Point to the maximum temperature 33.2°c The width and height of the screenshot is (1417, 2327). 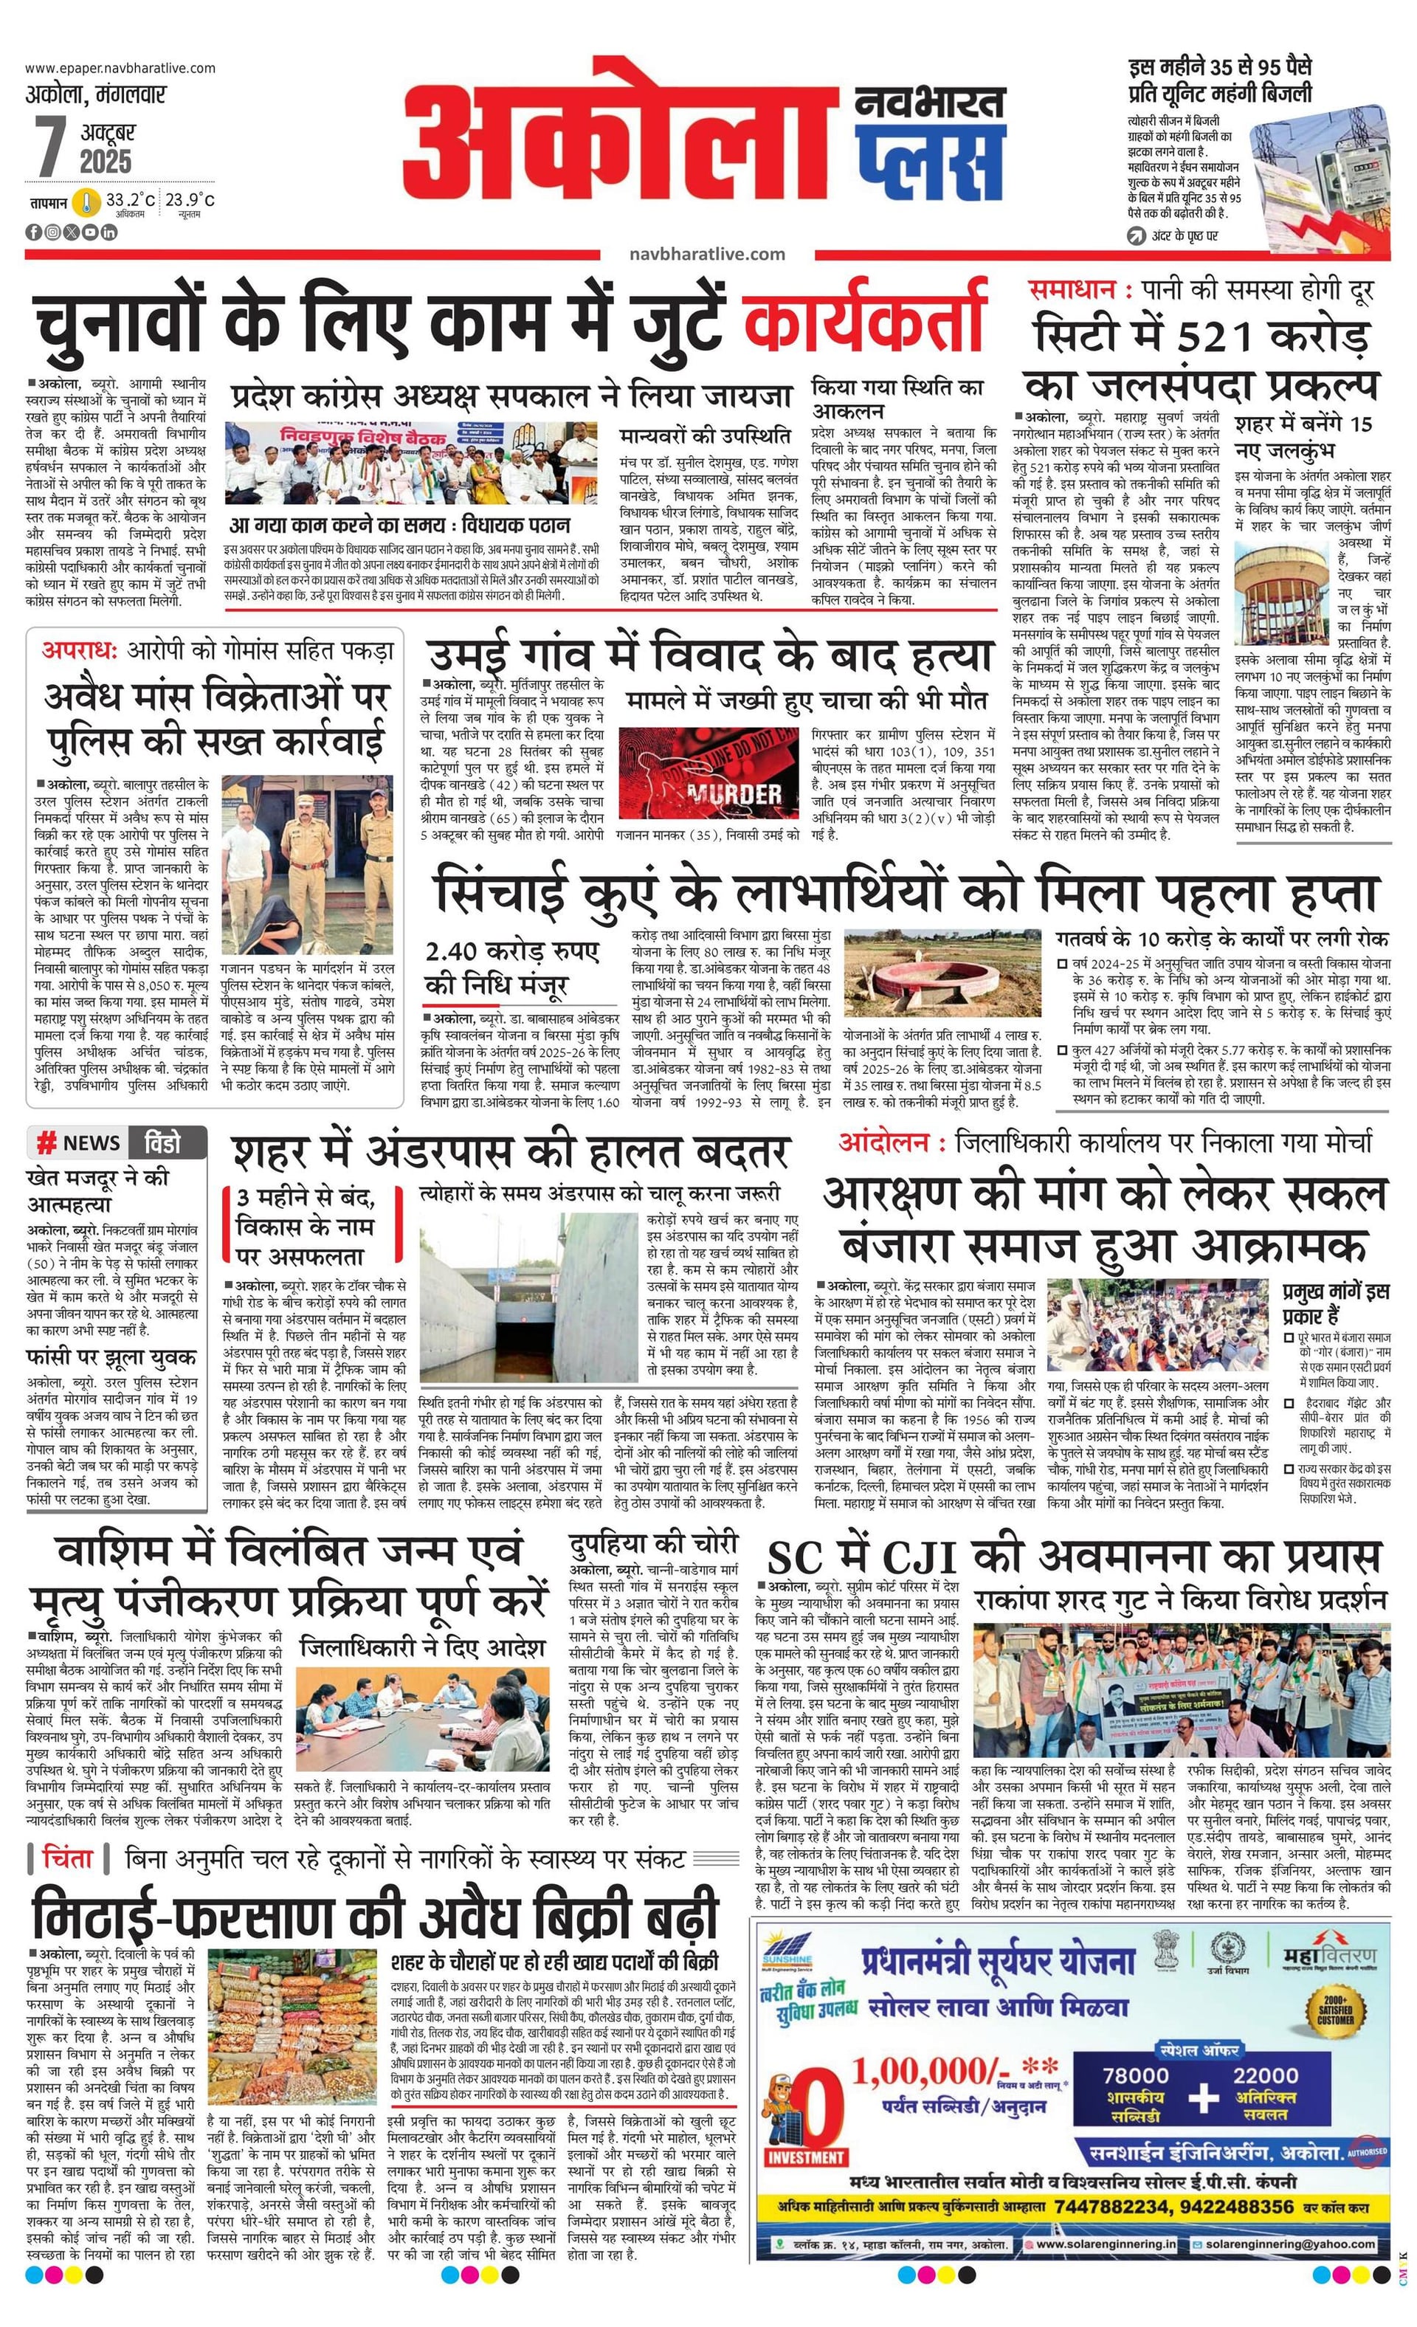pyautogui.click(x=129, y=200)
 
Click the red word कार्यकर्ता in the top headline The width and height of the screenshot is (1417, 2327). pyautogui.click(x=864, y=320)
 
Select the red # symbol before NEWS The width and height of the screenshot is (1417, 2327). pyautogui.click(x=45, y=1142)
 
